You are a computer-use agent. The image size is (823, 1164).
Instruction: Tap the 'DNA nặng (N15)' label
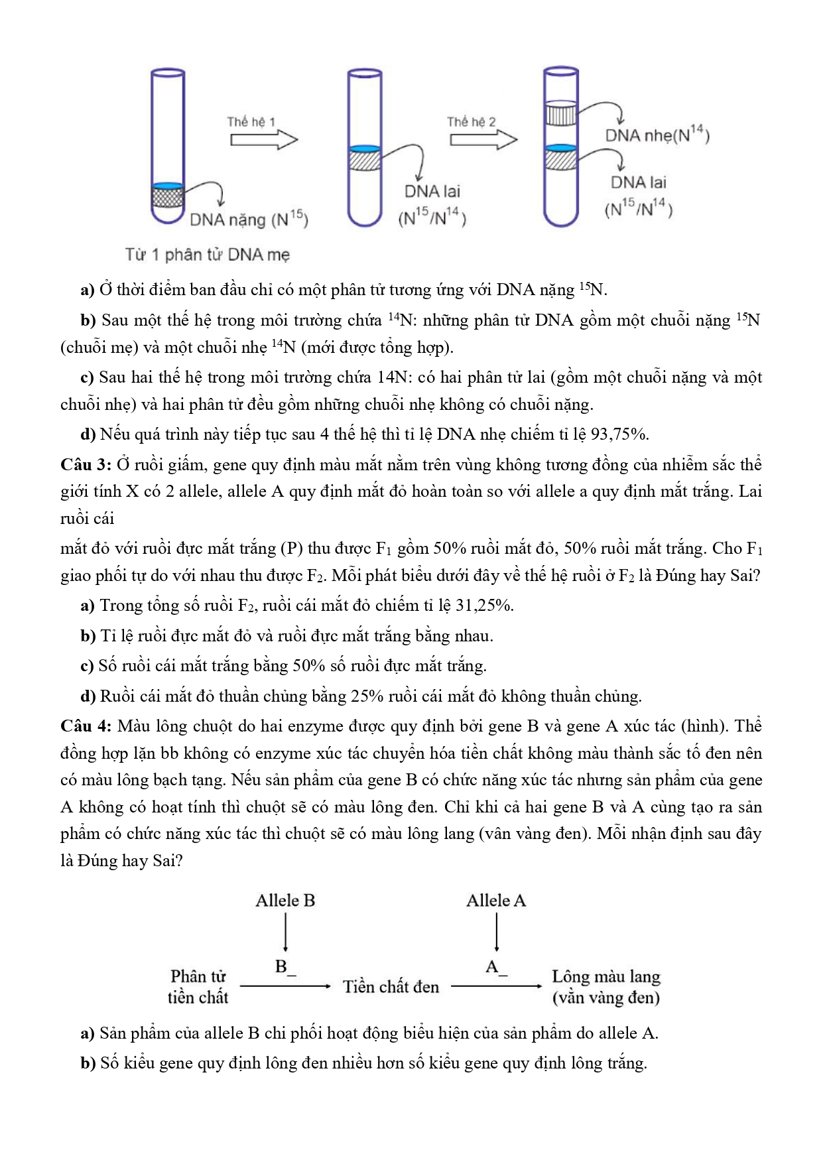pyautogui.click(x=249, y=219)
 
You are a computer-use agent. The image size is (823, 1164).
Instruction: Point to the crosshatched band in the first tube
pyautogui.click(x=166, y=197)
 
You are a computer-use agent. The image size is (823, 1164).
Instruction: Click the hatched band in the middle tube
pyautogui.click(x=364, y=161)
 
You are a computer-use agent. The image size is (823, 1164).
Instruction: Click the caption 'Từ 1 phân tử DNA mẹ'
pyautogui.click(x=208, y=255)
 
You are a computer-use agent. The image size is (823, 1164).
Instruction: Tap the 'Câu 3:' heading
pyautogui.click(x=86, y=464)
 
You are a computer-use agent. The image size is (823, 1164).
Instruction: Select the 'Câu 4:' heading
pyautogui.click(x=86, y=726)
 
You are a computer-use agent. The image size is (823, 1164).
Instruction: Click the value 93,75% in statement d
pyautogui.click(x=619, y=434)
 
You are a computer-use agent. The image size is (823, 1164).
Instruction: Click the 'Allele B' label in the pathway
pyautogui.click(x=285, y=901)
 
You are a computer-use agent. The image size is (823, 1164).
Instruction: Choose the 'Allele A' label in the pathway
pyautogui.click(x=495, y=901)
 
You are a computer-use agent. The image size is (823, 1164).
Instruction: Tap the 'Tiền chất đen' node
pyautogui.click(x=391, y=987)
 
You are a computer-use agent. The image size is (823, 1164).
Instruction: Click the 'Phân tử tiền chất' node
pyautogui.click(x=198, y=987)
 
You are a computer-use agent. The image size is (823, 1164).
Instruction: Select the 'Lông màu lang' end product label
pyautogui.click(x=606, y=977)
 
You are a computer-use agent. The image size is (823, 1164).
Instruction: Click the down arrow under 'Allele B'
pyautogui.click(x=285, y=933)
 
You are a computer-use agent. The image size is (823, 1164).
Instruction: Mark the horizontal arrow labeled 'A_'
pyautogui.click(x=496, y=986)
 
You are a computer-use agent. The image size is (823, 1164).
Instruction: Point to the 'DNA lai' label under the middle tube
pyautogui.click(x=432, y=191)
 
